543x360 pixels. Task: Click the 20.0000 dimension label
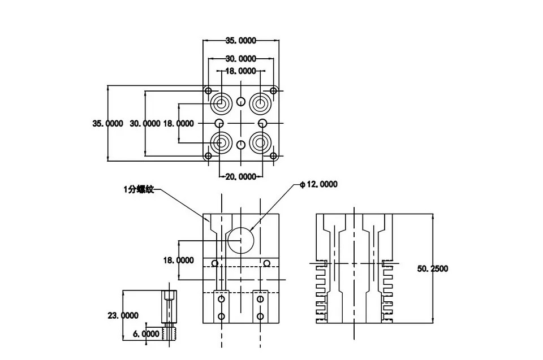[241, 177]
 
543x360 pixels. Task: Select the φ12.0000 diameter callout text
[318, 184]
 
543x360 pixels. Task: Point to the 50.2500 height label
[433, 268]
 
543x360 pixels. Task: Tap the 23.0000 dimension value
[123, 315]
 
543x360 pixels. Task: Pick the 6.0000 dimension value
[146, 333]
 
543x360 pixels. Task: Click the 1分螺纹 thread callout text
[139, 189]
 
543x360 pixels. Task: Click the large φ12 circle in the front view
[241, 240]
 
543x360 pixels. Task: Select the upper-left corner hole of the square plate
[208, 91]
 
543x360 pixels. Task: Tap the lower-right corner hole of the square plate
[273, 156]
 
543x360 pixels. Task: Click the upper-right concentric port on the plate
[260, 103]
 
